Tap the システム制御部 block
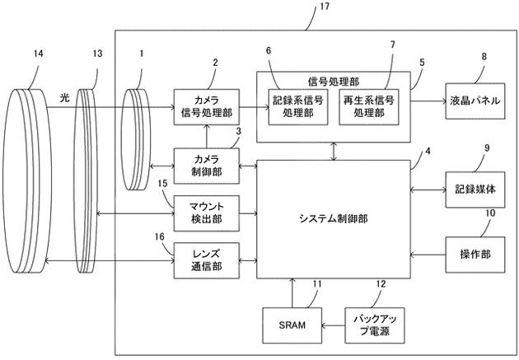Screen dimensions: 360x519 [334, 217]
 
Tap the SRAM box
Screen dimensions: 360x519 [291, 325]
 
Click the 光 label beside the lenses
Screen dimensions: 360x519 [64, 98]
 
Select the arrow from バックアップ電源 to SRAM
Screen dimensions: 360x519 [332, 326]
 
